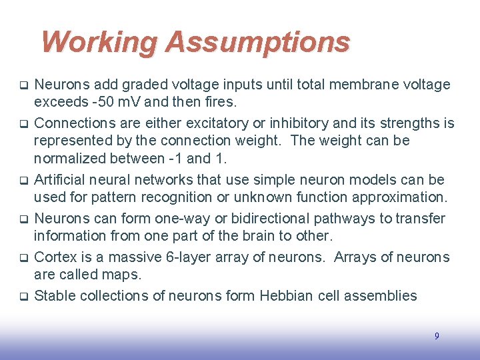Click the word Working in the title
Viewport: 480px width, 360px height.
click(99, 42)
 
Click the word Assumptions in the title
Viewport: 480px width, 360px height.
click(257, 42)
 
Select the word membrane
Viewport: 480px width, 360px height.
click(369, 85)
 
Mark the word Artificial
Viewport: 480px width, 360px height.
click(61, 180)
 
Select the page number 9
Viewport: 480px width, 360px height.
click(437, 336)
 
